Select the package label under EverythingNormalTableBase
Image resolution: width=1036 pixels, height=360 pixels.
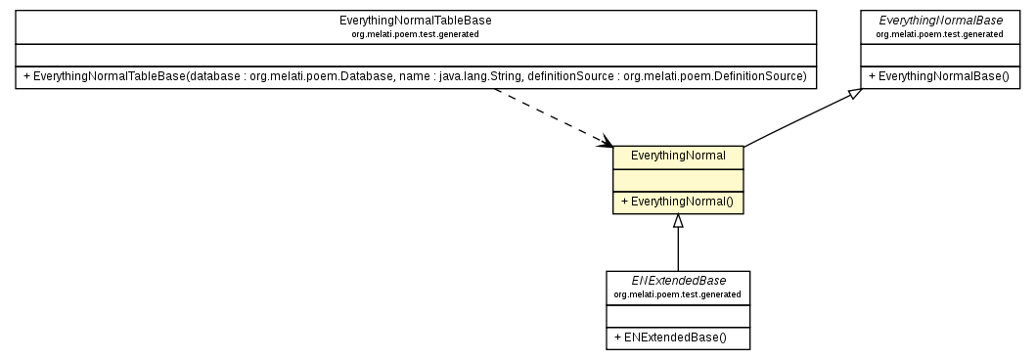(x=416, y=34)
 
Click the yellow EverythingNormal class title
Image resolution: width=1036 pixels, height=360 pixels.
(x=678, y=156)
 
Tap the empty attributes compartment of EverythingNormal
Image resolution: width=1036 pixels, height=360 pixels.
(x=678, y=179)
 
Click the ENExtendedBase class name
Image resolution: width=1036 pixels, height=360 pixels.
(x=678, y=281)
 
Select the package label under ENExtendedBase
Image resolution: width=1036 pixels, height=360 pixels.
(x=678, y=293)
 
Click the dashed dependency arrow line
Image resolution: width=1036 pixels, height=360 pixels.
(x=548, y=116)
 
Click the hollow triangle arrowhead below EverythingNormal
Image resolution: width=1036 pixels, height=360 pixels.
(x=678, y=220)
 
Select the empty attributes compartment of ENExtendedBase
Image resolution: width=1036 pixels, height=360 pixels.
(x=678, y=315)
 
